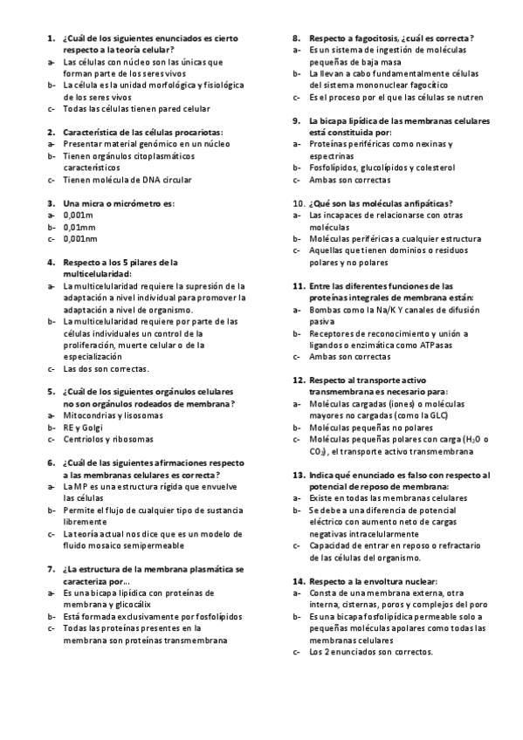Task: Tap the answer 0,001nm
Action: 79,237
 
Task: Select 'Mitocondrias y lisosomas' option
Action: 112,416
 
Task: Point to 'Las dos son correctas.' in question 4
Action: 106,368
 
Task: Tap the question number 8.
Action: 297,38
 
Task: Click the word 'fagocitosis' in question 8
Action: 376,38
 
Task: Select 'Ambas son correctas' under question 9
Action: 349,180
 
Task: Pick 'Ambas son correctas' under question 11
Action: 349,357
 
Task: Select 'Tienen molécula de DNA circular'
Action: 127,180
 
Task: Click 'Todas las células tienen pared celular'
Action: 136,109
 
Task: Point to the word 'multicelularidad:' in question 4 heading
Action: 96,273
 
